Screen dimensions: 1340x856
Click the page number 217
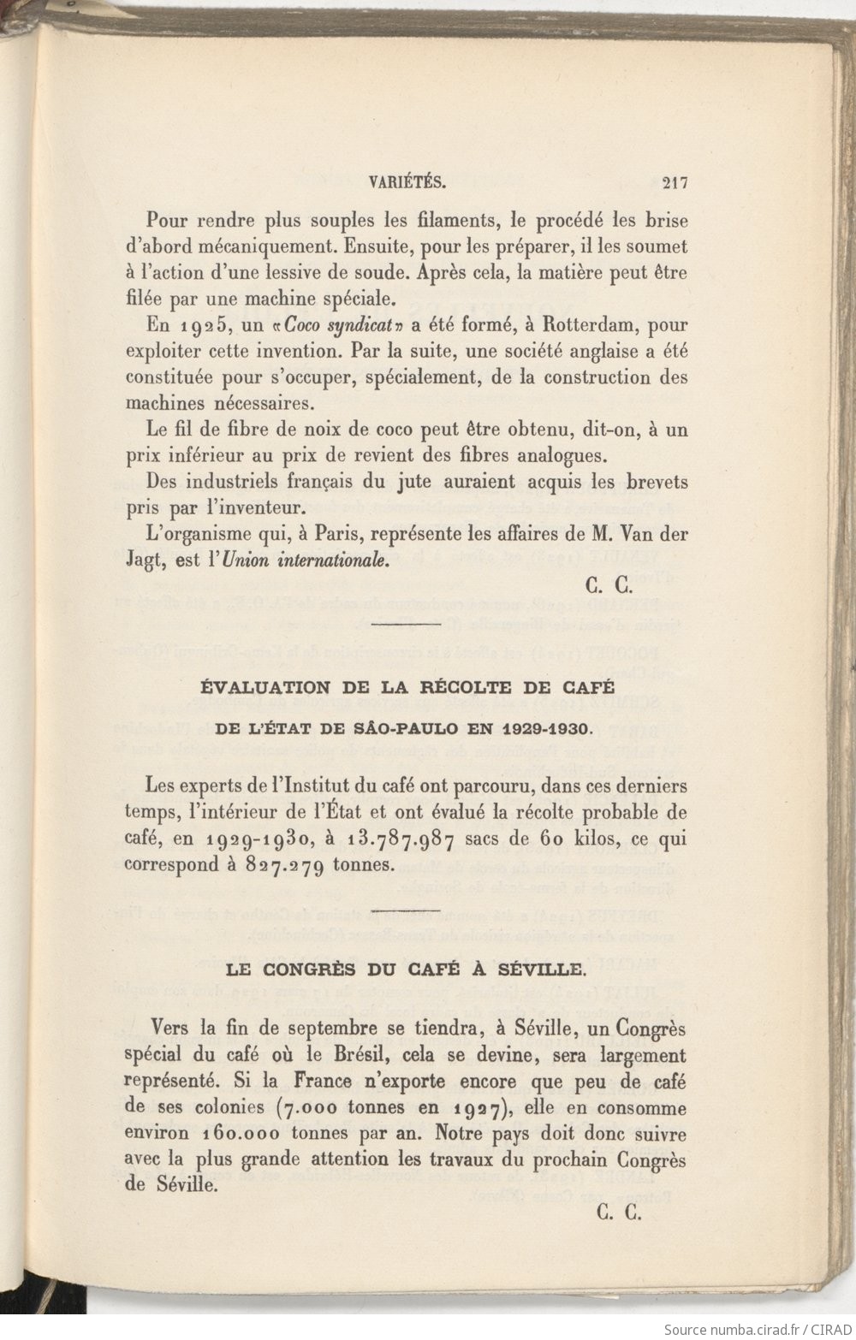675,181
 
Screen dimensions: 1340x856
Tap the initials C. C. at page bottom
614,1213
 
